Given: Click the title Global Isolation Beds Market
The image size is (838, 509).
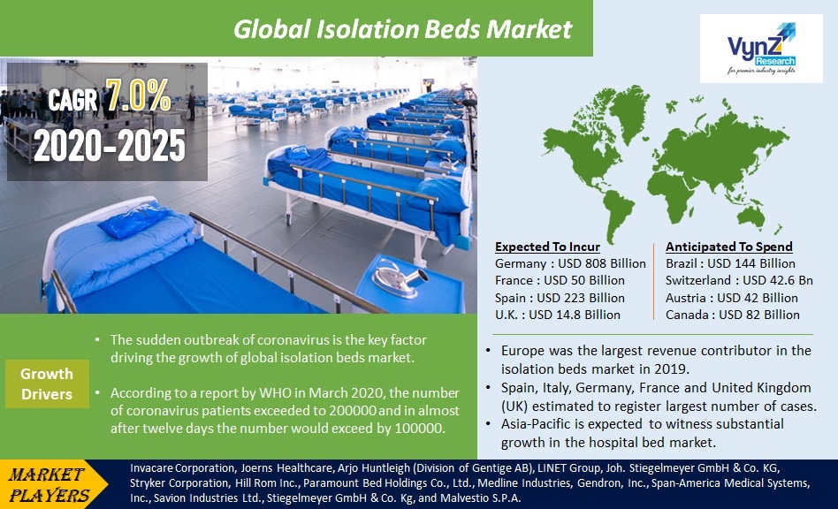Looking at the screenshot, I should click(x=402, y=29).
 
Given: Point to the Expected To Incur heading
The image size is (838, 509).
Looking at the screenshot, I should click(x=547, y=247).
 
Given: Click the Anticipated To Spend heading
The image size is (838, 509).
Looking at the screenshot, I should click(x=728, y=247).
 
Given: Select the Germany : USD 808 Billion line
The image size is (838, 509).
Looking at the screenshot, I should click(x=570, y=263).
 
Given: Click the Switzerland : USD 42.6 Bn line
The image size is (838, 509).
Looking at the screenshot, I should click(x=739, y=280).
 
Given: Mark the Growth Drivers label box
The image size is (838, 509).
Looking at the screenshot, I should click(x=47, y=384).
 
